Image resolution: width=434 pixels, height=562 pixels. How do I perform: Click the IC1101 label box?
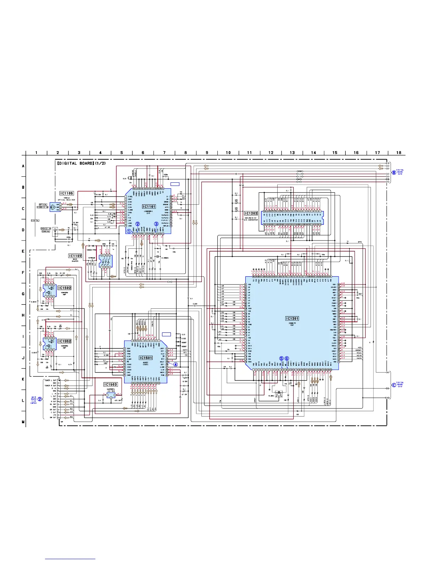[149, 206]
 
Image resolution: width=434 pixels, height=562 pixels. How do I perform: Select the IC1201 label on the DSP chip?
[292, 319]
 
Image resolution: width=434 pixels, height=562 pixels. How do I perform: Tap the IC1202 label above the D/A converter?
[251, 214]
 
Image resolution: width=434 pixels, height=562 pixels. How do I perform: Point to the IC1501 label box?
[146, 358]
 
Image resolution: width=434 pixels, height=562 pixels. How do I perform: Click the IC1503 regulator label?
[110, 385]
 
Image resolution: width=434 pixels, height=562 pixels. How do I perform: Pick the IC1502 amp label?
[65, 288]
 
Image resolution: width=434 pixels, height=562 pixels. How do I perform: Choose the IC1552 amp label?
[65, 341]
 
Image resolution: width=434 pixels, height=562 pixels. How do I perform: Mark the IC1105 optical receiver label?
[66, 193]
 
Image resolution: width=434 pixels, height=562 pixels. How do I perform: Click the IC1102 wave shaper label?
[75, 256]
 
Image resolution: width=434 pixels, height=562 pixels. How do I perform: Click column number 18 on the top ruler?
[399, 153]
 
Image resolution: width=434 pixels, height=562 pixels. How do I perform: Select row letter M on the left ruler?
[23, 422]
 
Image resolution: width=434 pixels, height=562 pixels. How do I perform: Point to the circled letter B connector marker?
[394, 172]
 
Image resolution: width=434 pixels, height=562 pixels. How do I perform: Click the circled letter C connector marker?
[394, 386]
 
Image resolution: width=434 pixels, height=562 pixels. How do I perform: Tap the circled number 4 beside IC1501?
[175, 364]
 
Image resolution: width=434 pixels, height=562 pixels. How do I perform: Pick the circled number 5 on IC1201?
[282, 358]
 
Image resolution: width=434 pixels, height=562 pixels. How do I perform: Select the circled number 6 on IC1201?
[287, 358]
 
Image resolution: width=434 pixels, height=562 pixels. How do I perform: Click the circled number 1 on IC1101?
[129, 231]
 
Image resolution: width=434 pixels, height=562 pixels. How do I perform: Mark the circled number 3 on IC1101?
[156, 224]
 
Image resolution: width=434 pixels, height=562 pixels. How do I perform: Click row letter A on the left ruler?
[23, 166]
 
